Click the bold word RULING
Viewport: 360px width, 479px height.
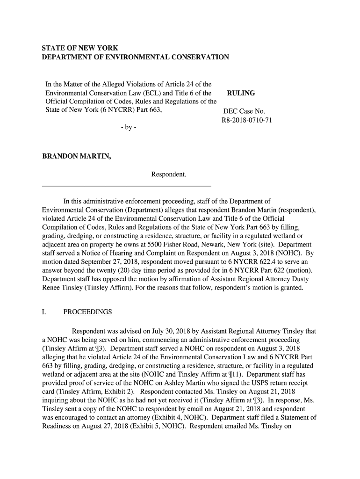pos(241,93)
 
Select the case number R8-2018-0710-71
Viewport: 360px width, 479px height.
pos(246,120)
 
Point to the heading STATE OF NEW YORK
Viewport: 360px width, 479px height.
pos(80,48)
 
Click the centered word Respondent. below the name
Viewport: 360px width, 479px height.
pos(169,174)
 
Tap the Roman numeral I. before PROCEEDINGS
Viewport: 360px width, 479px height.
pos(44,312)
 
